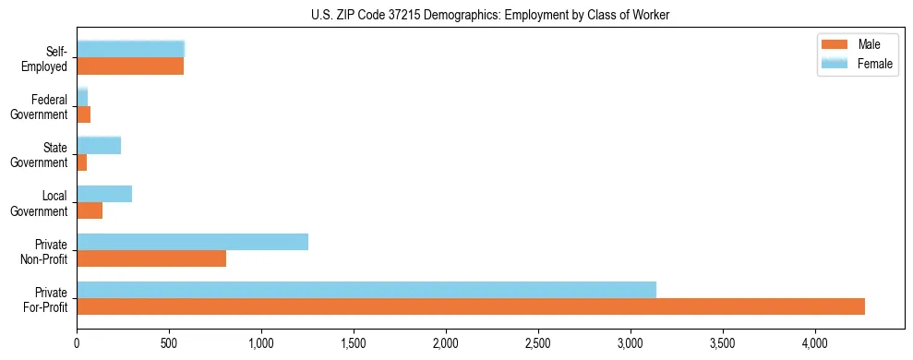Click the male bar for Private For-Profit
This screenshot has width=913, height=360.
coord(471,306)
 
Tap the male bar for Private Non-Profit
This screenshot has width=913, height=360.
coord(151,258)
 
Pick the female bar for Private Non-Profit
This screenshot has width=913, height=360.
coord(192,242)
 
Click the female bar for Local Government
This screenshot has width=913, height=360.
coord(104,194)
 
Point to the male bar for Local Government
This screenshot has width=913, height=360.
coord(90,210)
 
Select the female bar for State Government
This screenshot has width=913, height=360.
coord(99,145)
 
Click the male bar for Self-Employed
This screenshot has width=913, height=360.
coord(130,66)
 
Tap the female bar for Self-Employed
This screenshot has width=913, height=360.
coord(131,49)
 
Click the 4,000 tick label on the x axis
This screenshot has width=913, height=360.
coord(815,342)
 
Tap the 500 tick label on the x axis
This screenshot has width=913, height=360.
coord(169,342)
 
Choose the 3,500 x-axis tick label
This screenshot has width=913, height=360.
coord(723,342)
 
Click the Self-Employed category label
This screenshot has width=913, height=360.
coord(50,58)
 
